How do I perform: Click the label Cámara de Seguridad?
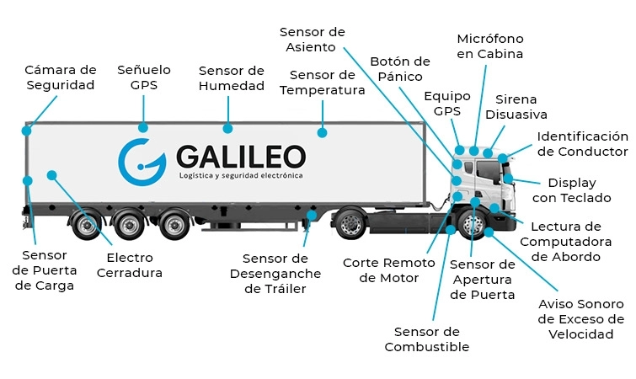click(60, 77)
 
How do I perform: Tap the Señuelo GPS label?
click(143, 77)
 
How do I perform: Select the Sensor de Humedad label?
click(232, 77)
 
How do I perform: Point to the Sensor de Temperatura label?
click(322, 83)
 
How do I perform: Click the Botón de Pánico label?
click(400, 69)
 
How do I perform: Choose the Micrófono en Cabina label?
click(489, 46)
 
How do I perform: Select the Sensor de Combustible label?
click(427, 339)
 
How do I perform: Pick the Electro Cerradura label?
click(130, 265)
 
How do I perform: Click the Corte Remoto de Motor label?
click(388, 270)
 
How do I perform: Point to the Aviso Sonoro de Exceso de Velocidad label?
click(580, 319)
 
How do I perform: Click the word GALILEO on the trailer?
click(241, 156)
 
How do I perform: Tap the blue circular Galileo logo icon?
click(142, 161)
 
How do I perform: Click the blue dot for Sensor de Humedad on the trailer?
click(227, 129)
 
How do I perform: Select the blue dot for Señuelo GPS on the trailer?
click(143, 128)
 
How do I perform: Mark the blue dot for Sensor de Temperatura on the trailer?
click(322, 132)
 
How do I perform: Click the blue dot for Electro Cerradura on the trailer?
click(51, 175)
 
